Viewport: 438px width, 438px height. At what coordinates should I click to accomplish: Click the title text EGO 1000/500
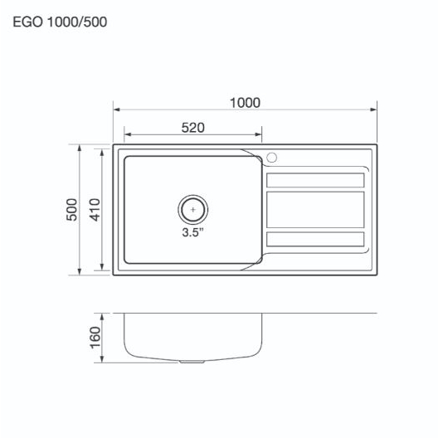tap(60, 22)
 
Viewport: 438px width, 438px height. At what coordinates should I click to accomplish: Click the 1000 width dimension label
tap(245, 103)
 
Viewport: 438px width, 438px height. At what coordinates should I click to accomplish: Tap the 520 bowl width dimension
tap(193, 128)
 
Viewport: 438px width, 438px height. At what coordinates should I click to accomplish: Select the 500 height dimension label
tap(72, 210)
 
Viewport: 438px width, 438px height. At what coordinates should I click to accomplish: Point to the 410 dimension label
tap(95, 210)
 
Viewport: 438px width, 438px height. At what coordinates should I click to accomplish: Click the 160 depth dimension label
tap(95, 338)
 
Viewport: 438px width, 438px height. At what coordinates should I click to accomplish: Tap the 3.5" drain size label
tap(192, 231)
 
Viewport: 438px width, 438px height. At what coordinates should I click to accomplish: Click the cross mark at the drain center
tap(193, 210)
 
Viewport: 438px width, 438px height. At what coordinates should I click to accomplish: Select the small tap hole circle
tap(271, 158)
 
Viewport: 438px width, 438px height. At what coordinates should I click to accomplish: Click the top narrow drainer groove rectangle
tap(315, 180)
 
